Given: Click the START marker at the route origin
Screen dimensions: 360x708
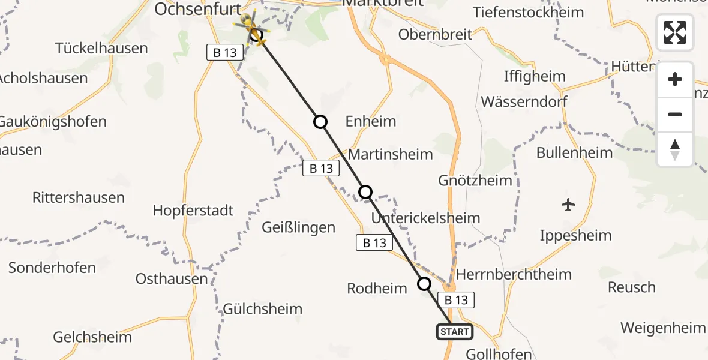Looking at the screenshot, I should click(x=454, y=331).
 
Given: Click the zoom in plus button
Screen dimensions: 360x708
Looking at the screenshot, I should click(x=675, y=79).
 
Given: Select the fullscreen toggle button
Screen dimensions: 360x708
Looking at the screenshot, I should click(x=675, y=32).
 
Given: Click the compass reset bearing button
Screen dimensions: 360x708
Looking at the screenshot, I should click(x=675, y=149).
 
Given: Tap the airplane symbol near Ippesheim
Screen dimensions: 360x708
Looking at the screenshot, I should click(x=568, y=205).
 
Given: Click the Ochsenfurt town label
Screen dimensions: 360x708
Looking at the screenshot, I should click(x=197, y=9).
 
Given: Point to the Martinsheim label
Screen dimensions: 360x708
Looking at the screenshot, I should click(x=390, y=154).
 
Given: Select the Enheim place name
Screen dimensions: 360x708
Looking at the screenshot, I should click(x=371, y=121).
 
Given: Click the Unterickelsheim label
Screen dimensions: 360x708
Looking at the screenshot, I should click(x=425, y=218).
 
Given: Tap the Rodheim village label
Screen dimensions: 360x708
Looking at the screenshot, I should click(x=377, y=289).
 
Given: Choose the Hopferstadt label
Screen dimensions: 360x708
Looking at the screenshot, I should click(x=193, y=211).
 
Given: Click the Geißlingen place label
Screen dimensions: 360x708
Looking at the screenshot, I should click(x=298, y=227).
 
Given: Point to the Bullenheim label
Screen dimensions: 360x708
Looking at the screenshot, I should click(x=574, y=152).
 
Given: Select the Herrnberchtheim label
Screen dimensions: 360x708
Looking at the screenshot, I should click(x=514, y=274).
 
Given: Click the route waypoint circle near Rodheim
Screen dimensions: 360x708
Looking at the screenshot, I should click(x=424, y=284).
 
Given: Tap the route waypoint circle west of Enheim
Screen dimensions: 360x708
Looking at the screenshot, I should click(x=320, y=122).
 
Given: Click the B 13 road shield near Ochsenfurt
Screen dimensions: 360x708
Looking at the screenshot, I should click(x=225, y=53).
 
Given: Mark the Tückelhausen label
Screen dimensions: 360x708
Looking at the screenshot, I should click(x=101, y=48).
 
